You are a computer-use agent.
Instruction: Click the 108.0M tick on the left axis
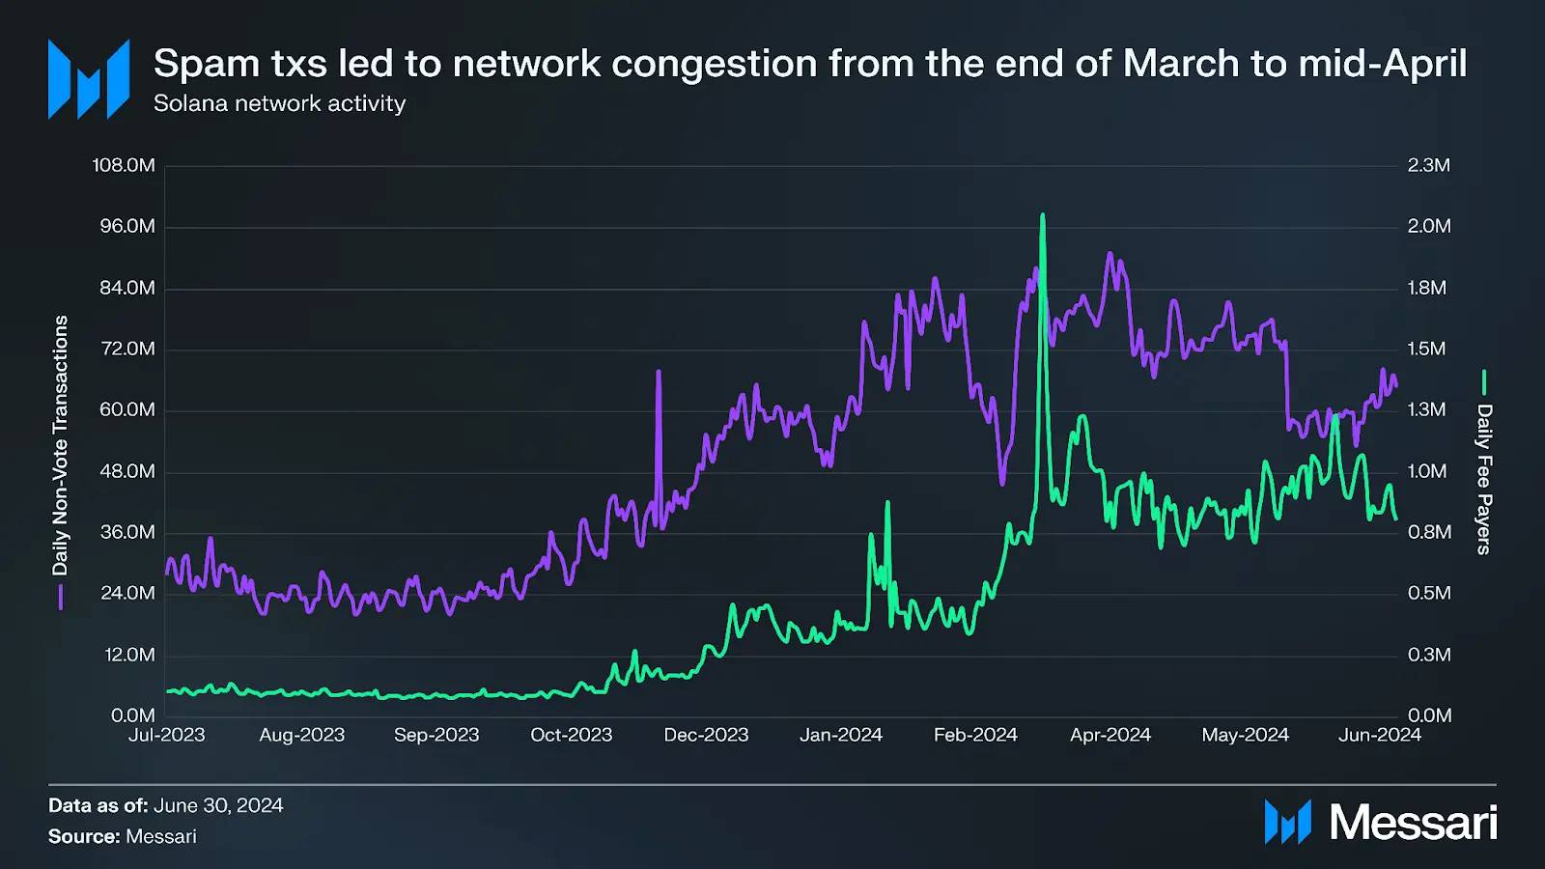click(x=124, y=165)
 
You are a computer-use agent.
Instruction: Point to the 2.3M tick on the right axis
click(x=1428, y=165)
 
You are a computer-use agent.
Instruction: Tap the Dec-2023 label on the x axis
click(x=706, y=735)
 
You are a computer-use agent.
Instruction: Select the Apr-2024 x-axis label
click(x=1110, y=735)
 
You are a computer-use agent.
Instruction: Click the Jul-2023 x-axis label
click(x=167, y=735)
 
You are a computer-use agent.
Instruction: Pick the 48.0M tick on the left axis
click(x=127, y=471)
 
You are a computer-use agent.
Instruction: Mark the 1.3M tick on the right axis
click(x=1427, y=409)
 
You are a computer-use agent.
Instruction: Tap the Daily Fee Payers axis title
click(x=1484, y=479)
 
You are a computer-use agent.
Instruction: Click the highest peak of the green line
click(x=1043, y=215)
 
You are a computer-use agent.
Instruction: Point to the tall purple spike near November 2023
click(x=659, y=372)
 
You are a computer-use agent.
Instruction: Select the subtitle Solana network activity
click(x=279, y=103)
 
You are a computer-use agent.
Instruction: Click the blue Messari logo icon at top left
click(x=89, y=79)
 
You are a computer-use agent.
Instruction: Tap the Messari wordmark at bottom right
click(x=1413, y=823)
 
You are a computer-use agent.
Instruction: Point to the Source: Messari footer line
click(x=123, y=836)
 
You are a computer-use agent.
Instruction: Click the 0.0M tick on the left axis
click(x=132, y=715)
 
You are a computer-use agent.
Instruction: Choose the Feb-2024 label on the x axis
click(x=975, y=735)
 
